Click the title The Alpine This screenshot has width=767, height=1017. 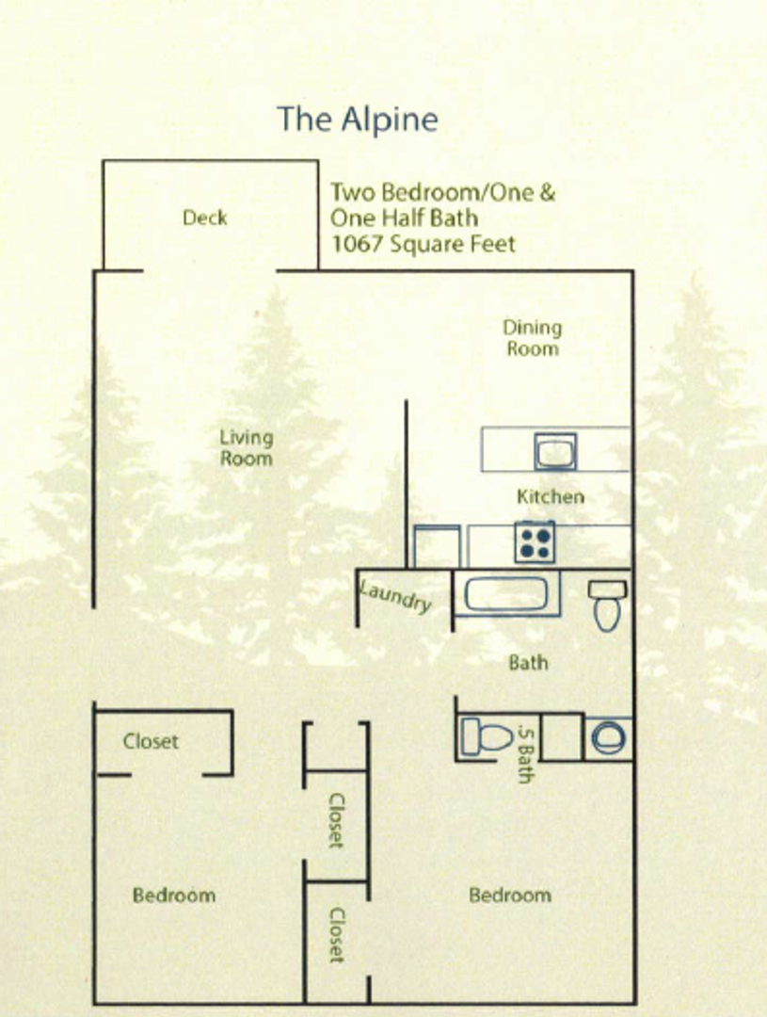click(357, 120)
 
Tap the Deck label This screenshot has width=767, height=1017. click(205, 218)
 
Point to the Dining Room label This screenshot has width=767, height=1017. click(532, 338)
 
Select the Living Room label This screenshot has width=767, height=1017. click(247, 447)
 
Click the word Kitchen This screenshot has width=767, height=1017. click(551, 496)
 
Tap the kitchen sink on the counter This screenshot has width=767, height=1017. click(555, 451)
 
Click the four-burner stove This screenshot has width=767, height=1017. click(535, 542)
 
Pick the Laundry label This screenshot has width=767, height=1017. click(396, 597)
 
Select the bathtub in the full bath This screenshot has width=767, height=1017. click(506, 594)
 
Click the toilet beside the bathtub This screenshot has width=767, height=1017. click(607, 606)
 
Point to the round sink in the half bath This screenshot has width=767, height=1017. click(608, 737)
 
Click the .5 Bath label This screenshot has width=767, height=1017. click(525, 753)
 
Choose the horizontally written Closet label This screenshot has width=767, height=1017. click(151, 741)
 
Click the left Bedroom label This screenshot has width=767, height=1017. click(173, 895)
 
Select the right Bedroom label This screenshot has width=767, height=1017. click(510, 895)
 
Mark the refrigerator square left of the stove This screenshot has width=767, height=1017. click(438, 547)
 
